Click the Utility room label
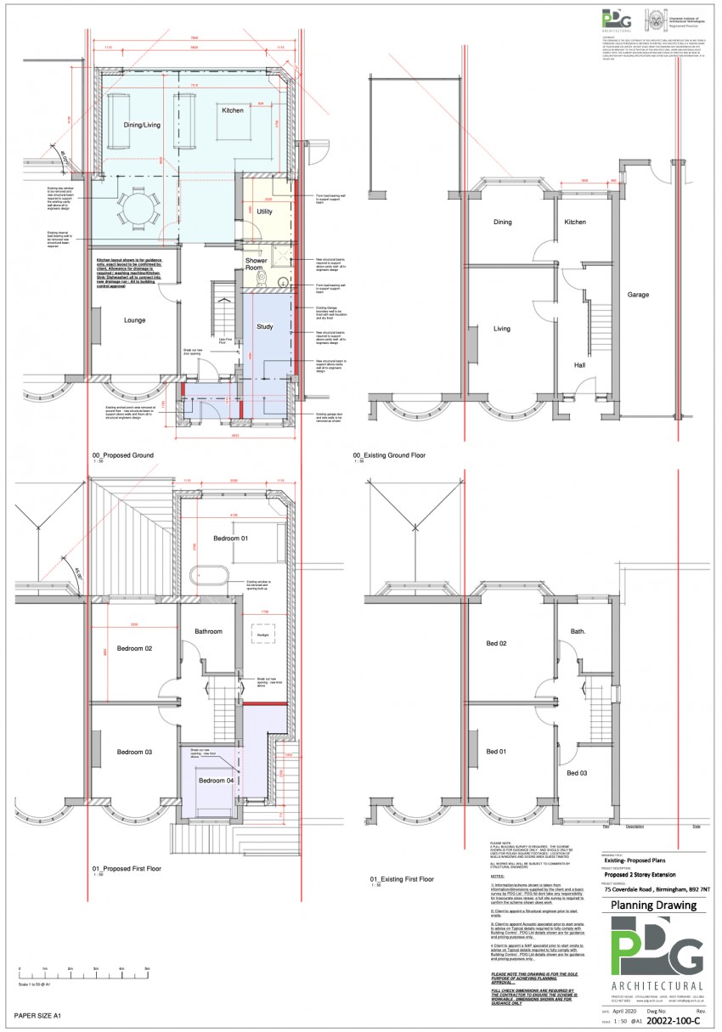[x=264, y=211]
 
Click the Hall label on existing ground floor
[x=579, y=365]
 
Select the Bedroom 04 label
[x=215, y=781]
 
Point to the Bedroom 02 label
[x=134, y=649]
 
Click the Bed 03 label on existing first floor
[x=578, y=773]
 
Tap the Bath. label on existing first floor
[x=578, y=632]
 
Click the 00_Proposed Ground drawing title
[x=123, y=456]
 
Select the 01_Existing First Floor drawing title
[x=403, y=879]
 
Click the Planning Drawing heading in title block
[x=652, y=905]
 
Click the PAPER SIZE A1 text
[x=38, y=1015]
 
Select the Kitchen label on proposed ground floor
[x=233, y=110]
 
